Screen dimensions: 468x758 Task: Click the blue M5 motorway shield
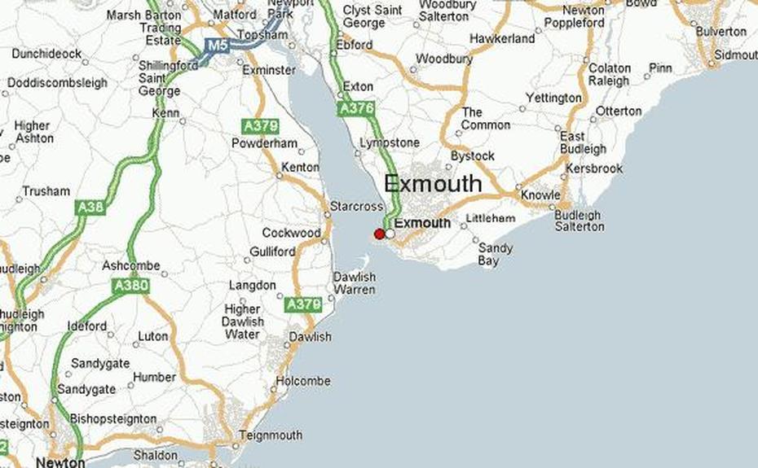(x=217, y=46)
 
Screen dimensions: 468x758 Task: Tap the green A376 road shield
(x=356, y=107)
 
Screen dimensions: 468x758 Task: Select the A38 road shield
(x=90, y=208)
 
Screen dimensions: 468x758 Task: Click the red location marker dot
(x=379, y=234)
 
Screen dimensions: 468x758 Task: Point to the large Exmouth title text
(x=433, y=184)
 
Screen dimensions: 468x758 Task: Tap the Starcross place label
(x=356, y=207)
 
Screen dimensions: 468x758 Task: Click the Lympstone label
(x=390, y=143)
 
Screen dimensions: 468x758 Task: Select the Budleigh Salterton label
(x=580, y=221)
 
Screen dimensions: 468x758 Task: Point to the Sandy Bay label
(x=495, y=254)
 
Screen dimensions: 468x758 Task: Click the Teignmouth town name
(x=271, y=435)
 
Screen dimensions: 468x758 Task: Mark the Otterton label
(x=619, y=111)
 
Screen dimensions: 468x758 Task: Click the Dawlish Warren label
(x=355, y=282)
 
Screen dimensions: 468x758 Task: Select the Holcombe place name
(x=302, y=381)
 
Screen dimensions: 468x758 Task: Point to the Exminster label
(x=270, y=70)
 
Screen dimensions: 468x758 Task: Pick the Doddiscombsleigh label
(x=58, y=82)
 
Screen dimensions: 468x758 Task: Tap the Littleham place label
(x=491, y=218)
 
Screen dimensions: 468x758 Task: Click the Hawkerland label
(x=503, y=38)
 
